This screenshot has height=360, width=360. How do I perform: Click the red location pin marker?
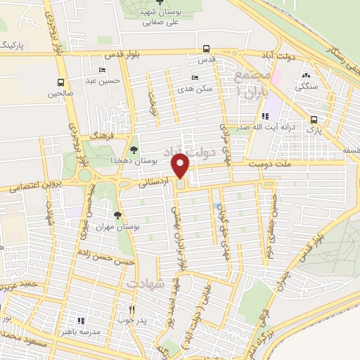coord(181,166)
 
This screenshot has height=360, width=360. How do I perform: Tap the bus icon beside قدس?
coord(205,49)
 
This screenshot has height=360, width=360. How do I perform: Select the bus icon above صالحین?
coord(61,82)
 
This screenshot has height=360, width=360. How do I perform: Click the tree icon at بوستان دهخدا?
coord(134,149)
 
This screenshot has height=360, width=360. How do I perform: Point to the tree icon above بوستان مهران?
coord(117,216)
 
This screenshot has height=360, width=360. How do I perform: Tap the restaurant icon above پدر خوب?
coord(131,309)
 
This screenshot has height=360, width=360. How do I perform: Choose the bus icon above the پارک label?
coord(314,119)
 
